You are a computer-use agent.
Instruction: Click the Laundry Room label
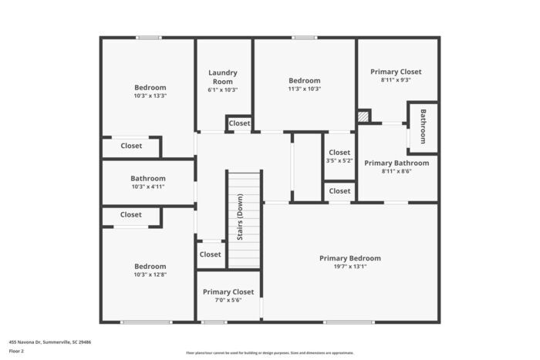click(x=223, y=77)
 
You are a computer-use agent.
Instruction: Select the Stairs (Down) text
click(x=241, y=220)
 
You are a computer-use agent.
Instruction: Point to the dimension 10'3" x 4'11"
click(x=147, y=187)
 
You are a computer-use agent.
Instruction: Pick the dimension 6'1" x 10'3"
click(x=223, y=89)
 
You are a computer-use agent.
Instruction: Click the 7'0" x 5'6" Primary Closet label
click(x=228, y=292)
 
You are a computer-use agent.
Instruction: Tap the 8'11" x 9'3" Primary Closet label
click(x=396, y=72)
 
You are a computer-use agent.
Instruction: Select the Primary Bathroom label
click(x=397, y=163)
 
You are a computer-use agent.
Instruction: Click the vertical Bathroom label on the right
click(x=423, y=125)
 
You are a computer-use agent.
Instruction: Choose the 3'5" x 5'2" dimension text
click(x=339, y=161)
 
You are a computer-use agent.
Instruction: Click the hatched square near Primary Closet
click(x=363, y=116)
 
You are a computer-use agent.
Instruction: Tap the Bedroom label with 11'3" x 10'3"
click(x=305, y=81)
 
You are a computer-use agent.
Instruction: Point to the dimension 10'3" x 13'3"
click(x=150, y=96)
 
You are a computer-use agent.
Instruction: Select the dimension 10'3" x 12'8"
click(x=150, y=274)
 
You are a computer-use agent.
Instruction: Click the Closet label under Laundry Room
click(x=239, y=123)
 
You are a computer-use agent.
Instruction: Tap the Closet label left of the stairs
click(x=210, y=254)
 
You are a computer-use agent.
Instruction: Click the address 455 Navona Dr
click(x=50, y=341)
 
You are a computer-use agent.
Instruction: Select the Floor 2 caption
click(x=16, y=351)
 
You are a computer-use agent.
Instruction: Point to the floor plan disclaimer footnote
click(x=270, y=352)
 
